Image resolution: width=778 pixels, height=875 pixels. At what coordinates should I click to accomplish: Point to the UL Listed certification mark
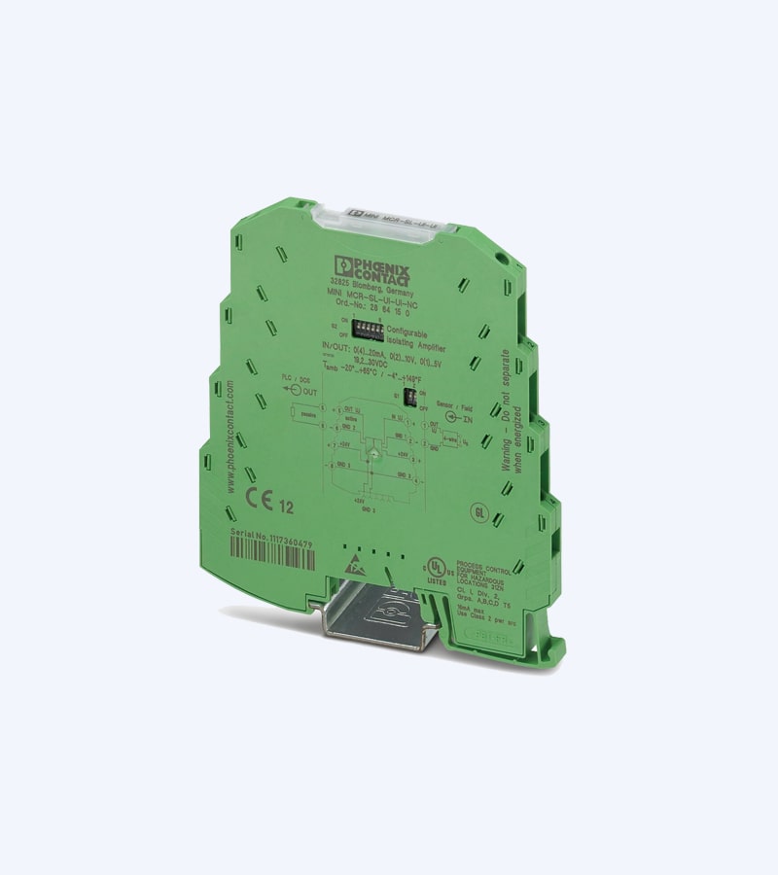coord(438,568)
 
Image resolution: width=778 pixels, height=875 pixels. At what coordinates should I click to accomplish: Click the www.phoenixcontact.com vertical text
coord(230,438)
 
